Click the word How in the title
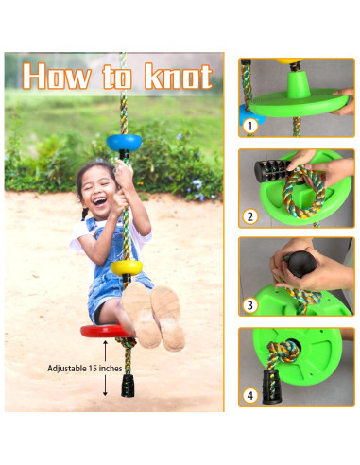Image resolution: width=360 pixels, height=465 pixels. point(60,75)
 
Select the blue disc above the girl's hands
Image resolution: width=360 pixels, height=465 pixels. point(123,142)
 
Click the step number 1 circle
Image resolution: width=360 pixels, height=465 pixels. point(250,124)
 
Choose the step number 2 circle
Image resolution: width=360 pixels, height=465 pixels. point(250,216)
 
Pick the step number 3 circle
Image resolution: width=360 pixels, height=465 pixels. point(250,305)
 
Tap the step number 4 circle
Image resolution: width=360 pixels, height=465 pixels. point(250,396)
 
